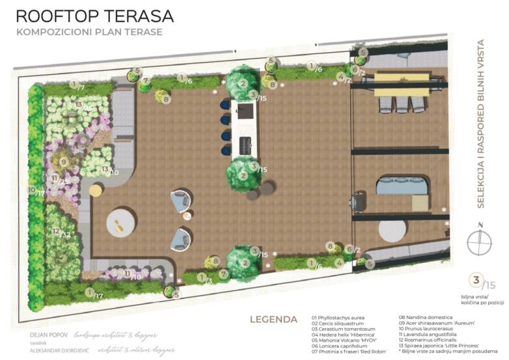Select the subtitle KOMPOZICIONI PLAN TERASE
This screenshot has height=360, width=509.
click(89, 32)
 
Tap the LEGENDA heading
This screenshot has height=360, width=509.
click(273, 319)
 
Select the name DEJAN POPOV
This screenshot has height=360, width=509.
click(49, 336)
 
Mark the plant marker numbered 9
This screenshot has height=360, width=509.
click(63, 161)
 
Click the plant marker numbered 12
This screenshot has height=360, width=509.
click(56, 231)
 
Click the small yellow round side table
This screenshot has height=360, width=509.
click(96, 190)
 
